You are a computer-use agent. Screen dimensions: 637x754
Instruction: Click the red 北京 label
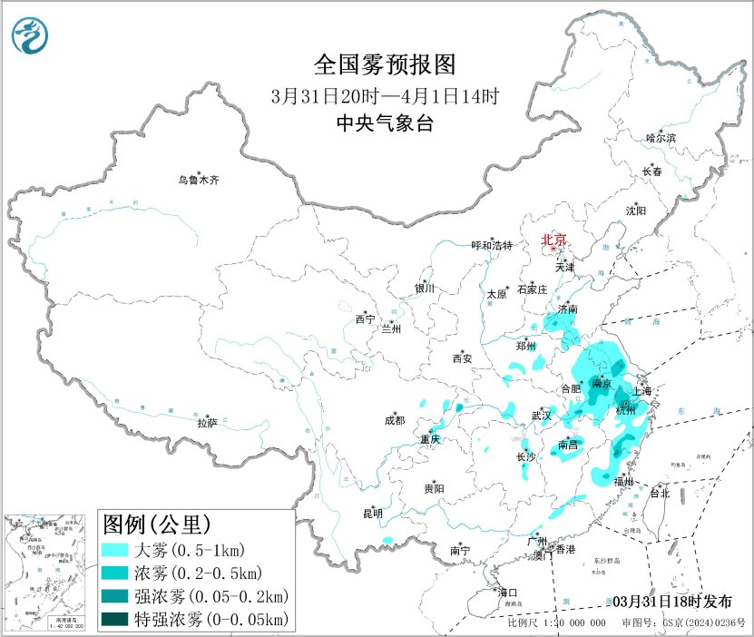[x=553, y=240]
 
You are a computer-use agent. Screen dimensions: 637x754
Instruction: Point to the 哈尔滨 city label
[x=661, y=138]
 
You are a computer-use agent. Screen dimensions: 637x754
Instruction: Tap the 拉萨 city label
[x=207, y=423]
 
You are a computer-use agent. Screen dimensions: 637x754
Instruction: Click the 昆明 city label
[x=372, y=514]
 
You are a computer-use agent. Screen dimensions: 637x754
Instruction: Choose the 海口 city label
[x=507, y=593]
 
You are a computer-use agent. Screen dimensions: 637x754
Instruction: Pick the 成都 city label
[x=395, y=420]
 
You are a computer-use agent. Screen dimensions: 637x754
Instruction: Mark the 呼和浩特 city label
[x=492, y=246]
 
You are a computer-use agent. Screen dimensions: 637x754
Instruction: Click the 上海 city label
[x=642, y=391]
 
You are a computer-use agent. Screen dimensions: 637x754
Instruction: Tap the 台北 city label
[x=658, y=494]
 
